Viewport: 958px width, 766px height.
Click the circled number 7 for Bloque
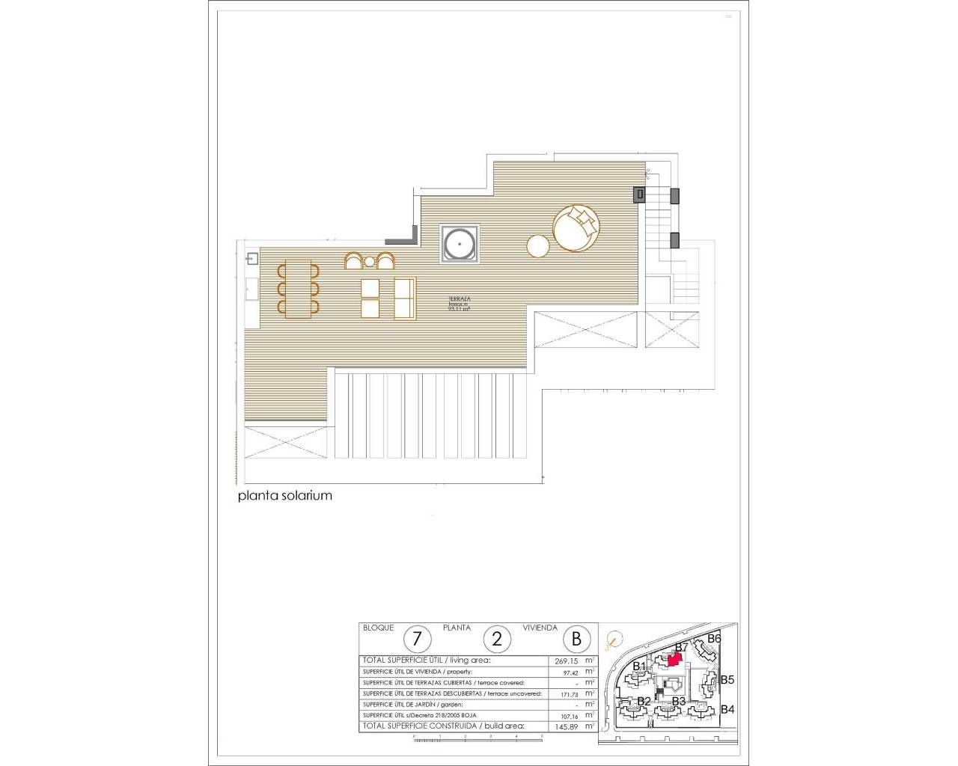[x=418, y=639]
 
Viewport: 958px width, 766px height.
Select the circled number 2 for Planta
[x=497, y=639]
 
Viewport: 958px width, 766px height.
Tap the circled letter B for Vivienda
[x=576, y=639]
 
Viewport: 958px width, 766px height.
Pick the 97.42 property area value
[x=570, y=672]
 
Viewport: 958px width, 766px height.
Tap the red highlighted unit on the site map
[x=674, y=659]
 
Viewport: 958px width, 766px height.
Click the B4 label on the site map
[x=727, y=710]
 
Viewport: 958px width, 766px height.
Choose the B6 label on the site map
[x=714, y=639]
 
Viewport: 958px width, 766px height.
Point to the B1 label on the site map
[x=638, y=666]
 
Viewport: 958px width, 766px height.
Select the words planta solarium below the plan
[x=284, y=495]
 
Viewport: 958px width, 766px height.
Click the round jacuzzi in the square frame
[x=459, y=244]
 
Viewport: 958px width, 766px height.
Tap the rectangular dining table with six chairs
[x=299, y=288]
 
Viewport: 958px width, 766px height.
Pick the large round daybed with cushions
[x=576, y=228]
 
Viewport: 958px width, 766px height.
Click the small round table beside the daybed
[x=538, y=246]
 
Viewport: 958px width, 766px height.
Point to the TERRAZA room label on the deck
[x=459, y=299]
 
